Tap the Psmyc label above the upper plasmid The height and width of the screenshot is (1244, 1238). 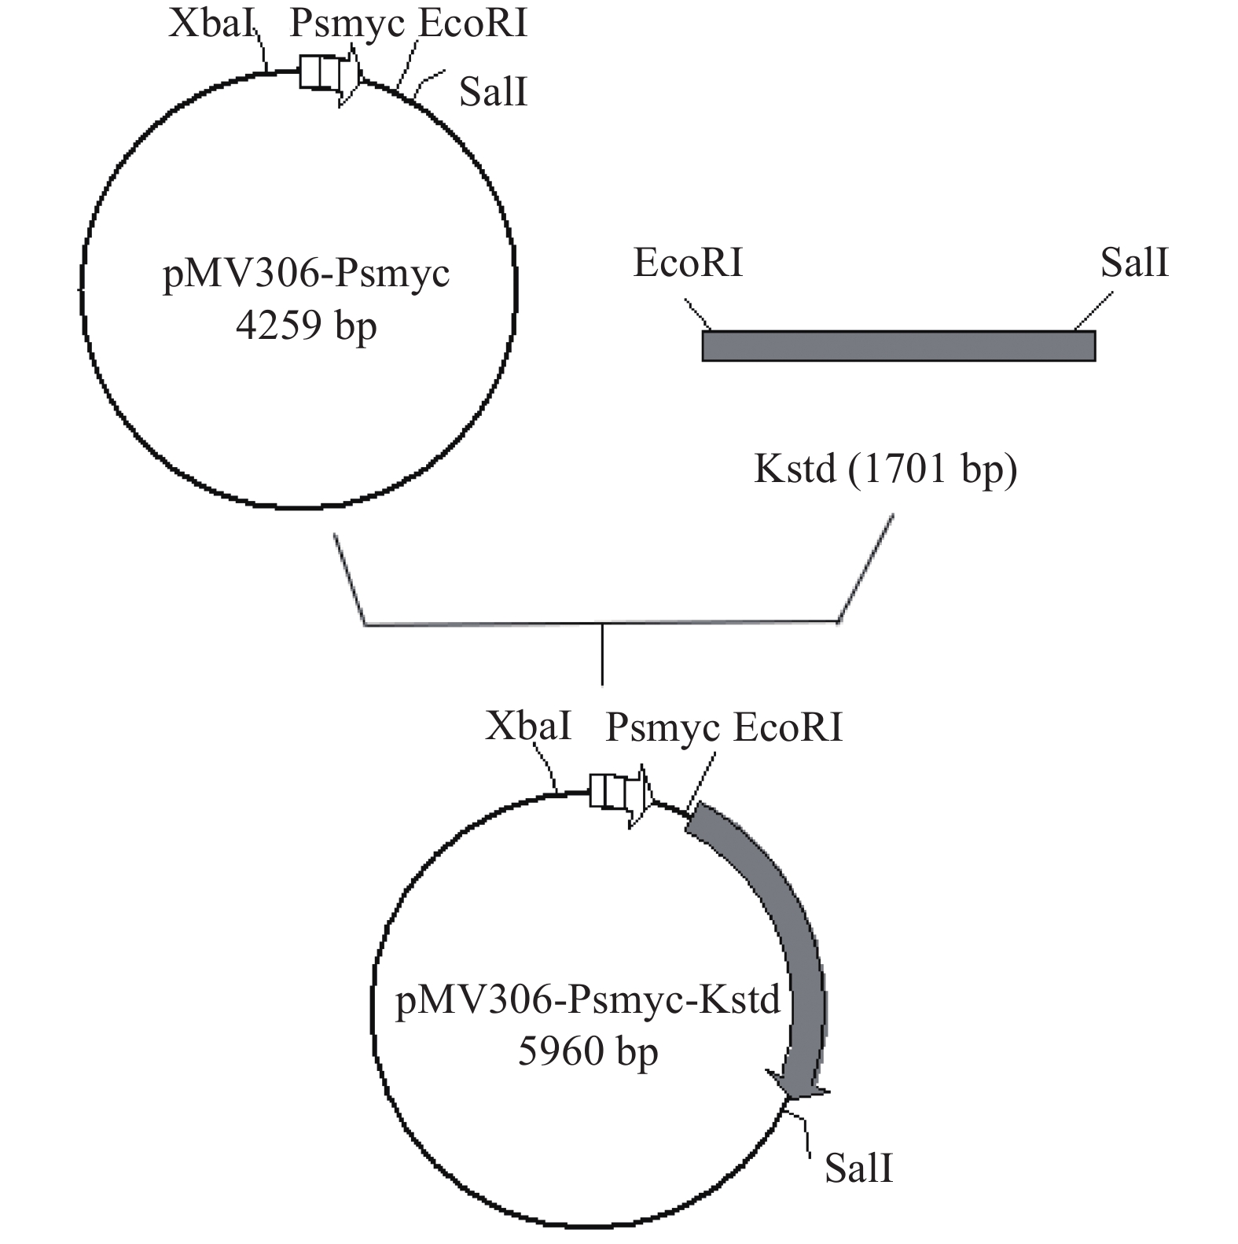click(x=347, y=24)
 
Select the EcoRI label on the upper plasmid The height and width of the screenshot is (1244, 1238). click(x=472, y=24)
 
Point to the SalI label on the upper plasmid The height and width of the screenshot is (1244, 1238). click(x=493, y=92)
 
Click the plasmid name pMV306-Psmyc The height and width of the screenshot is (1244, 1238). click(x=306, y=274)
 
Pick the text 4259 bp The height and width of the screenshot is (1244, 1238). click(x=306, y=325)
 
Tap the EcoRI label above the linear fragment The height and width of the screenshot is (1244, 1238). click(x=688, y=263)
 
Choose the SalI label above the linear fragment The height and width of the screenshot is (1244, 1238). click(x=1133, y=263)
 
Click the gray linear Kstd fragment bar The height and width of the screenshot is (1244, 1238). click(x=898, y=346)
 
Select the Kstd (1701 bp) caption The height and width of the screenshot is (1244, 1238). click(x=885, y=469)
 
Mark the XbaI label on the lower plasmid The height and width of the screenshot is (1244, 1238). click(x=528, y=726)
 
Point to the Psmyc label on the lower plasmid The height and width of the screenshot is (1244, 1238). click(x=662, y=727)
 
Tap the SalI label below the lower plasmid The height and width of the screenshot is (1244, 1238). click(x=858, y=1169)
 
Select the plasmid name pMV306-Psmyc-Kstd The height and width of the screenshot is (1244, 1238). click(x=588, y=1000)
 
